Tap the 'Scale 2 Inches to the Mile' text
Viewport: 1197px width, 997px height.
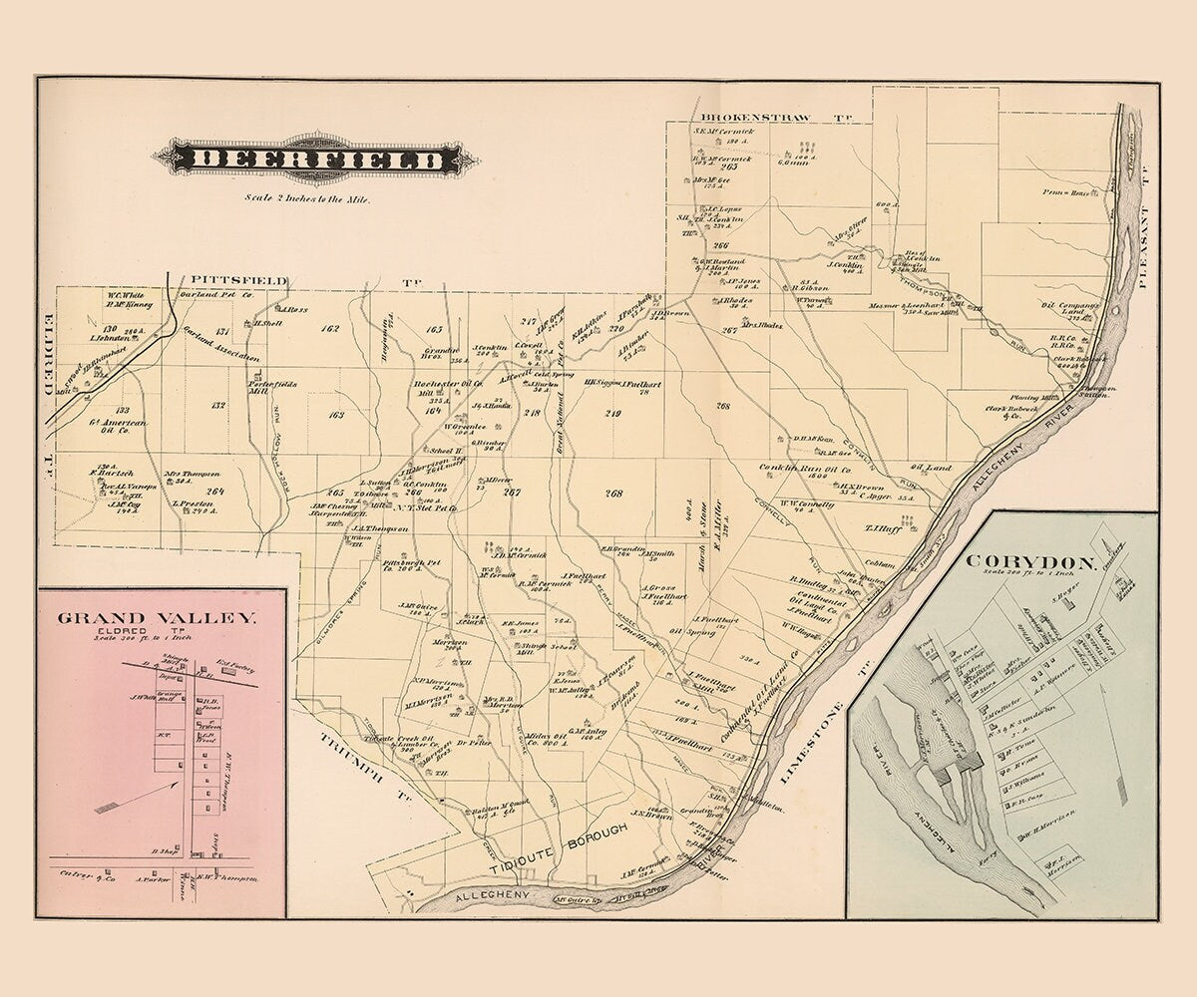pyautogui.click(x=308, y=198)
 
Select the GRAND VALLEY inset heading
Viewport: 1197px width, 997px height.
pyautogui.click(x=157, y=617)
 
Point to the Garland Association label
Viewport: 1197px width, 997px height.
pyautogui.click(x=220, y=345)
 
